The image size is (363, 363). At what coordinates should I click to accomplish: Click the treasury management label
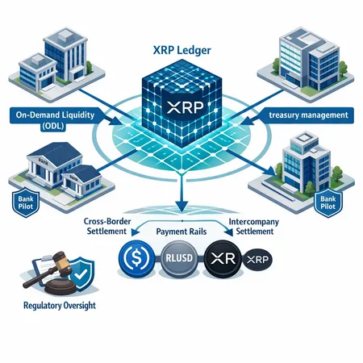pos(311,115)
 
